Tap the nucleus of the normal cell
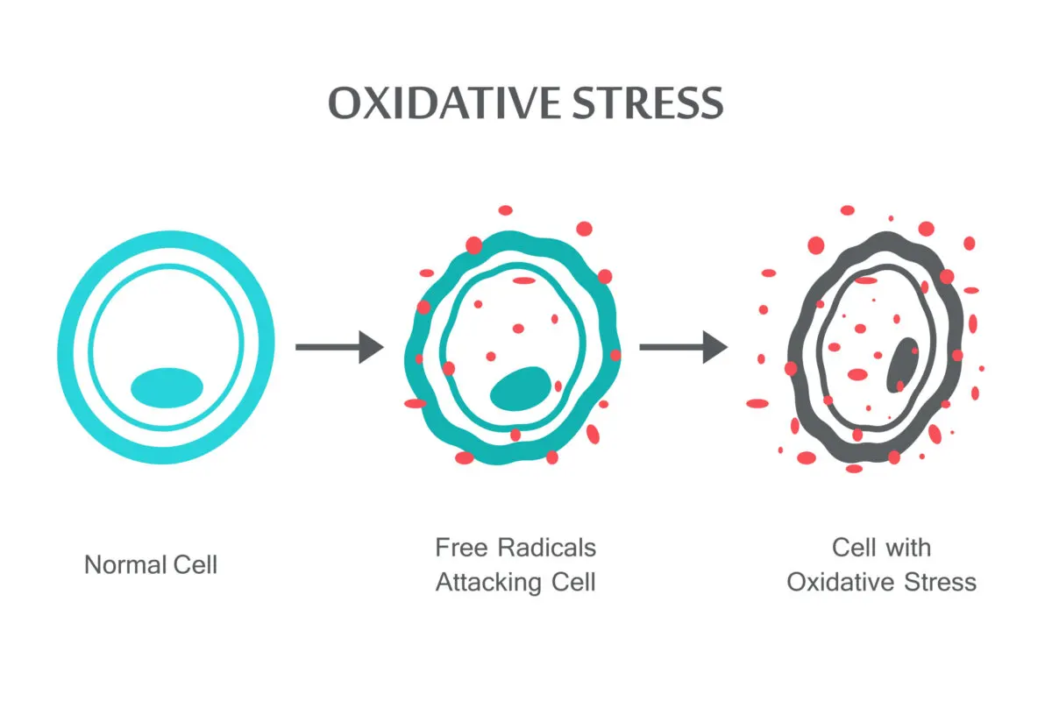click(x=167, y=386)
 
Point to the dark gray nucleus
click(x=902, y=365)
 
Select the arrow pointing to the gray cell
click(x=683, y=347)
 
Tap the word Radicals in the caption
click(x=547, y=549)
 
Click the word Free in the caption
click(x=460, y=549)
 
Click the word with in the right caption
click(x=908, y=549)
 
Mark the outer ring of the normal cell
click(x=69, y=347)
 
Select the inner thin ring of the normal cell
click(x=95, y=347)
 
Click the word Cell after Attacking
click(x=572, y=582)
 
